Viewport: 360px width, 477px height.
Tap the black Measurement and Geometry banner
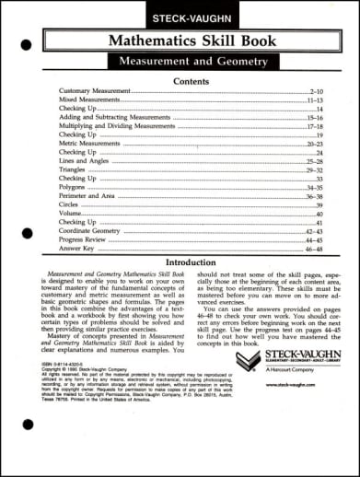192,62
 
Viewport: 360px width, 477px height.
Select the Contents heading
191,81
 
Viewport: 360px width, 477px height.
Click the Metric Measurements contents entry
90,144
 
